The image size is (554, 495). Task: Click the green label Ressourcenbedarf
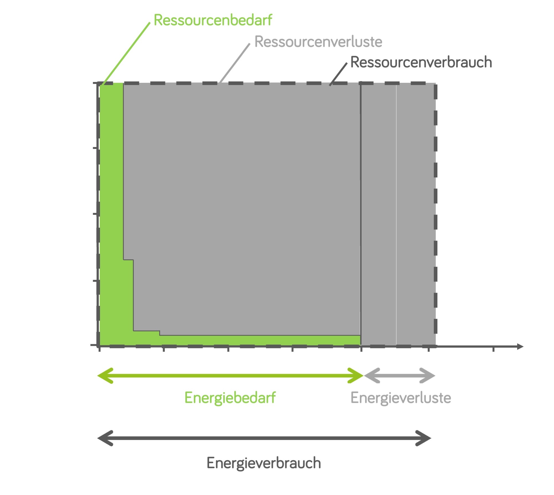point(213,20)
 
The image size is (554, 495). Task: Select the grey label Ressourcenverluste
point(318,42)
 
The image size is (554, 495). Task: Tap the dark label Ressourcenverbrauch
point(421,62)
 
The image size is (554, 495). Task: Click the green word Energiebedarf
point(230,398)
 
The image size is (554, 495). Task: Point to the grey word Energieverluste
point(401,398)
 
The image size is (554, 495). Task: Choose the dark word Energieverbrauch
point(263,463)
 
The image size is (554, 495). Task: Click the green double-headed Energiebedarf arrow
point(230,376)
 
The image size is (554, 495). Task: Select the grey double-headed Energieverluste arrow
point(399,376)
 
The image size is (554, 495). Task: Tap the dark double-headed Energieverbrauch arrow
point(264,438)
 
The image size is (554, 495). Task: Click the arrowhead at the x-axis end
point(520,346)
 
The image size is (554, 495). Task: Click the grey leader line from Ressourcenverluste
point(235,63)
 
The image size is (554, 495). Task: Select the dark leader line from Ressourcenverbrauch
point(338,74)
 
